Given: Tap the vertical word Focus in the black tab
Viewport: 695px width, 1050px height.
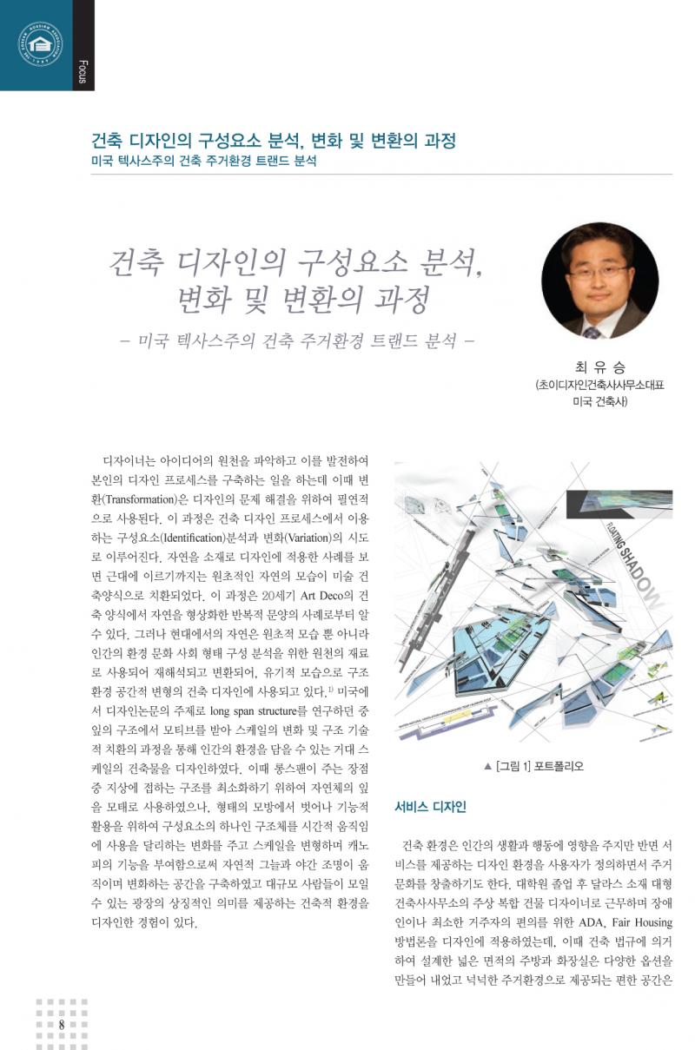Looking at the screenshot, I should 83,70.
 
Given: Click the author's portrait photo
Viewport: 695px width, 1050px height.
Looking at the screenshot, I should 599,281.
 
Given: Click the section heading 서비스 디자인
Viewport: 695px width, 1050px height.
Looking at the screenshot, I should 431,807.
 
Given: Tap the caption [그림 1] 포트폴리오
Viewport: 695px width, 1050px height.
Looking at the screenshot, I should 533,766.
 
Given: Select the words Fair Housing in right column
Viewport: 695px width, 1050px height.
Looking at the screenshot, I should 633,922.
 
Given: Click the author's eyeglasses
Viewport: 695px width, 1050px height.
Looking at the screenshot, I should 599,270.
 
